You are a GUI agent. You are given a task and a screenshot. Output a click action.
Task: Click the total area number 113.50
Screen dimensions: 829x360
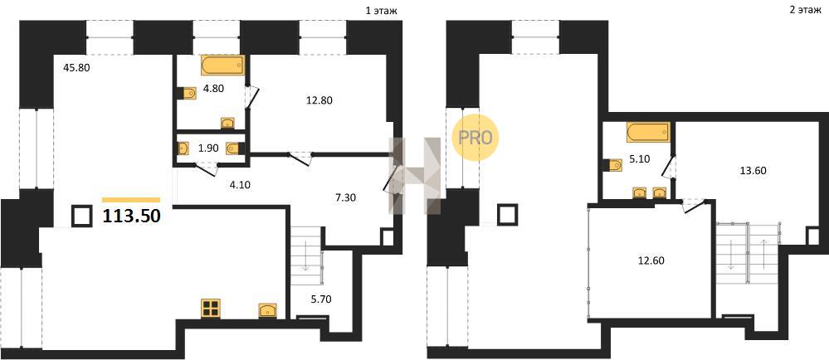click(x=131, y=216)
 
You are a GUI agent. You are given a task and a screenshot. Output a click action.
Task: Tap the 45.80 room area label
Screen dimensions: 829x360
click(x=76, y=68)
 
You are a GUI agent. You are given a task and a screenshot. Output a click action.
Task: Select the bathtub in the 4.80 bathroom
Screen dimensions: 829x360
click(x=223, y=66)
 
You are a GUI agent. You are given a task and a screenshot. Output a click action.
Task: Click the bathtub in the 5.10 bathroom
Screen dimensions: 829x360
click(x=648, y=132)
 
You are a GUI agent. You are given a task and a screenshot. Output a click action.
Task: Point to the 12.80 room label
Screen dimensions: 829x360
click(x=319, y=100)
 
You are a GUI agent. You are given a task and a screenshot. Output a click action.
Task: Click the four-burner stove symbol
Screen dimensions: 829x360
click(x=211, y=309)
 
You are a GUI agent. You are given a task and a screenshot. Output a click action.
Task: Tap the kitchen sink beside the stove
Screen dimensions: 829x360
click(x=267, y=310)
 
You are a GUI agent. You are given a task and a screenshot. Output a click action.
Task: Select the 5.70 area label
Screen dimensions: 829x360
click(x=321, y=299)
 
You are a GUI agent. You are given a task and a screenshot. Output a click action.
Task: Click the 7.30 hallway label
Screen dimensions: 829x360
click(x=346, y=198)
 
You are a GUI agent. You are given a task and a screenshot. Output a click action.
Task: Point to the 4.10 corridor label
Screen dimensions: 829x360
click(x=240, y=185)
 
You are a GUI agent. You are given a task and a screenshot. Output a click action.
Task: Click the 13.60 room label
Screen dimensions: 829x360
click(x=753, y=170)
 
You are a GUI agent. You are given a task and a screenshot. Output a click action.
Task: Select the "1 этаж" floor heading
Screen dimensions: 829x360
click(x=380, y=10)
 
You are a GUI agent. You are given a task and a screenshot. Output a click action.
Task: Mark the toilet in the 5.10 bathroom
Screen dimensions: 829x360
click(x=612, y=166)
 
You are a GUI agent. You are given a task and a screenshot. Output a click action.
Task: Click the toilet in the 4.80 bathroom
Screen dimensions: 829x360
click(x=188, y=94)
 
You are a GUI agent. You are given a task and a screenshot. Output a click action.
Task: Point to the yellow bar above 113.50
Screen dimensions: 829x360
click(x=131, y=200)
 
